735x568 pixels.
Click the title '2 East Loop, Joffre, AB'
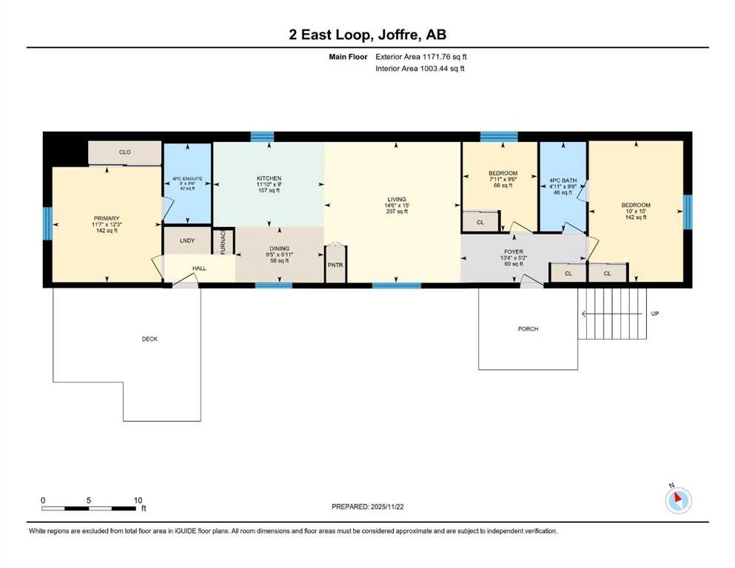tap(367, 35)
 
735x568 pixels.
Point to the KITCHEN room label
tap(269, 178)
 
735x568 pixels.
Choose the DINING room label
tap(279, 248)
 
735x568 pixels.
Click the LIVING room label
tap(397, 199)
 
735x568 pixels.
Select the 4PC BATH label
tap(563, 180)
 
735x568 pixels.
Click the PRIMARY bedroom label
tap(106, 218)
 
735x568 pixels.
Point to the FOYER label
tap(514, 252)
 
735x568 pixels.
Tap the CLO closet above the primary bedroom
tap(125, 152)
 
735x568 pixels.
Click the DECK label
tap(150, 339)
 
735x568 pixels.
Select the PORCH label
tap(528, 329)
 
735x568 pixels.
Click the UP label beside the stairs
tap(654, 314)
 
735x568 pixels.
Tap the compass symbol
tap(679, 501)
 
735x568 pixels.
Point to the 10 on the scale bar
tap(138, 500)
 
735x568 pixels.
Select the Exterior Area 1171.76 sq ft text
tap(421, 56)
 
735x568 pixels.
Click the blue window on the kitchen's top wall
tap(262, 136)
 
